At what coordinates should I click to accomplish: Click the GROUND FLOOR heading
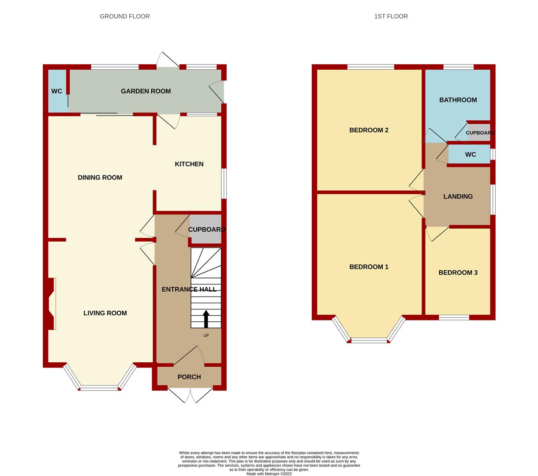coord(125,16)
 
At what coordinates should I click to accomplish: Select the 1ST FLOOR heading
coord(391,16)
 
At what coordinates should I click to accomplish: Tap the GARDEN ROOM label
coord(146,91)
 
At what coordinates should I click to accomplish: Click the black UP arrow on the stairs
coord(205,319)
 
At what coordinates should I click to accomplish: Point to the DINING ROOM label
coord(100,178)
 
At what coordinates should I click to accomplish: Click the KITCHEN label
coord(189,164)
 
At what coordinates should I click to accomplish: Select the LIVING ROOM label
coord(105,313)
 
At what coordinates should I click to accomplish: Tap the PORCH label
coord(189,377)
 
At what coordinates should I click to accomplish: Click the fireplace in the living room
coord(52,304)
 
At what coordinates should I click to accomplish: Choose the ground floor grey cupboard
coord(205,230)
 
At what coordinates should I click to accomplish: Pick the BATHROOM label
coord(458,100)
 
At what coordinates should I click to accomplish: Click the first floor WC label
coord(471,155)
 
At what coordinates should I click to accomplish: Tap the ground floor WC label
coord(57,91)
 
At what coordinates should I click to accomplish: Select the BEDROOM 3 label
coord(458,273)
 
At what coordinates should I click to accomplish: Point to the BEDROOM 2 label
coord(369,130)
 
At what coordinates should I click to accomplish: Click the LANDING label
coord(458,197)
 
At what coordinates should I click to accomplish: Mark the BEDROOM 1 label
coord(369,267)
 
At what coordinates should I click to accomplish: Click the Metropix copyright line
coord(269,474)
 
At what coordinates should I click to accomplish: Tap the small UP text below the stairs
coord(206,335)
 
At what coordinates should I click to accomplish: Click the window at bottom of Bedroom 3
coord(454,317)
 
